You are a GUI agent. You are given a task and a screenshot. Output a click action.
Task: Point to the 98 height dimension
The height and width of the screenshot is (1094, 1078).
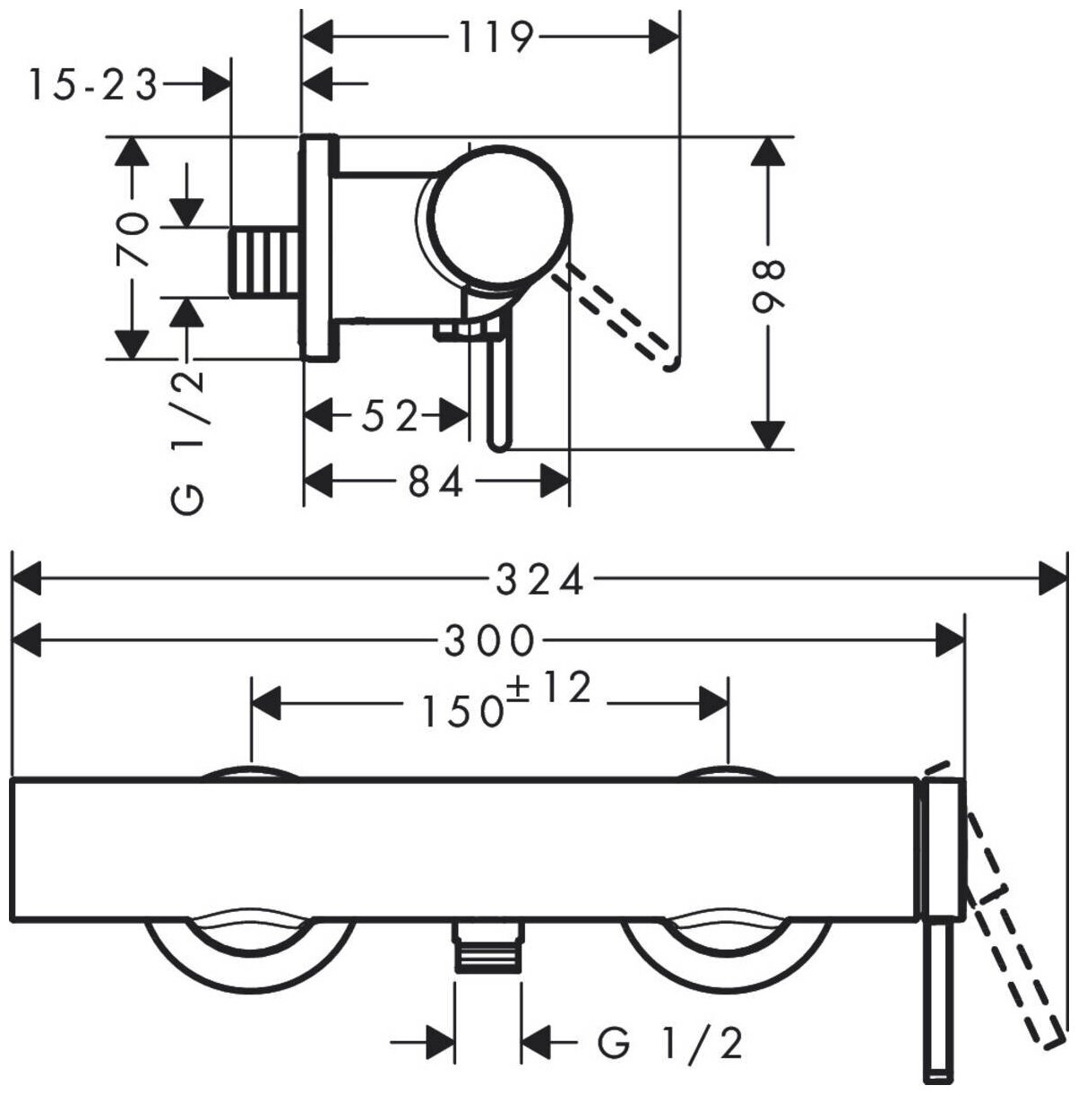pos(768,286)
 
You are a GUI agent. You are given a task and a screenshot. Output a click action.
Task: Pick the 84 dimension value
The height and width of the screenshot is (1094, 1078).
pos(436,483)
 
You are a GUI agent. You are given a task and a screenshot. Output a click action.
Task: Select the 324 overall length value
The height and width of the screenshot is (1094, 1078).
pos(540,580)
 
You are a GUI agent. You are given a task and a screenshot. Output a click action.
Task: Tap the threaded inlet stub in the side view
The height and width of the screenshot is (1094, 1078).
pos(265,261)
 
